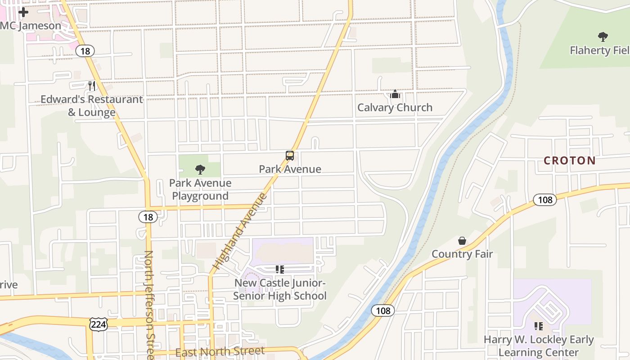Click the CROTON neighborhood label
pyautogui.click(x=569, y=161)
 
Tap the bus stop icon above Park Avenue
pyautogui.click(x=290, y=156)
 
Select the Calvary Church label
pyautogui.click(x=395, y=108)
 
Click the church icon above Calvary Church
pyautogui.click(x=395, y=94)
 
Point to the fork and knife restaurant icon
pyautogui.click(x=92, y=85)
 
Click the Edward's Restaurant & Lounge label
pyautogui.click(x=92, y=106)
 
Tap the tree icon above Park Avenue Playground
pyautogui.click(x=200, y=170)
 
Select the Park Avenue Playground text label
pyautogui.click(x=200, y=189)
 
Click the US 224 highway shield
pyautogui.click(x=98, y=324)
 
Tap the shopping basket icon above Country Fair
pyautogui.click(x=462, y=241)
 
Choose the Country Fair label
pyautogui.click(x=462, y=254)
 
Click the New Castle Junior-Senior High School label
pyautogui.click(x=279, y=289)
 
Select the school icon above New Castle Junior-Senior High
pyautogui.click(x=280, y=270)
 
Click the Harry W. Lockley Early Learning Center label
pyautogui.click(x=539, y=346)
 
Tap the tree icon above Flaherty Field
pyautogui.click(x=603, y=37)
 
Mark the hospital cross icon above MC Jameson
pyautogui.click(x=23, y=12)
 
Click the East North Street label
pyautogui.click(x=220, y=351)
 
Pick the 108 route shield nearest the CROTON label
pyautogui.click(x=545, y=199)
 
